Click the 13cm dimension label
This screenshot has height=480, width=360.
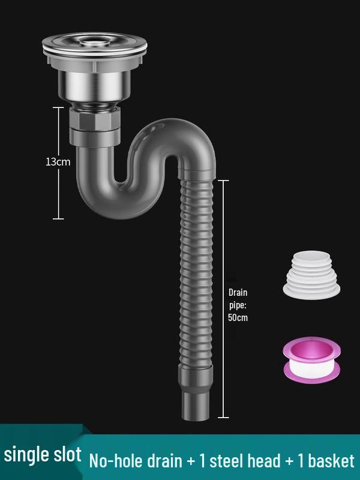58,162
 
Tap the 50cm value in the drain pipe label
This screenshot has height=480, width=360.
238,318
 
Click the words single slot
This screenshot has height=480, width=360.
43,455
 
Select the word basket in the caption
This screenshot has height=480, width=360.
328,461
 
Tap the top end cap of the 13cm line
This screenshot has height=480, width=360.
58,107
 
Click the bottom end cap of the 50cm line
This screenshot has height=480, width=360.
223,417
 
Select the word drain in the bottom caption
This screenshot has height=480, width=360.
161,461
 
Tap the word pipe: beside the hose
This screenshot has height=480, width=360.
238,305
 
